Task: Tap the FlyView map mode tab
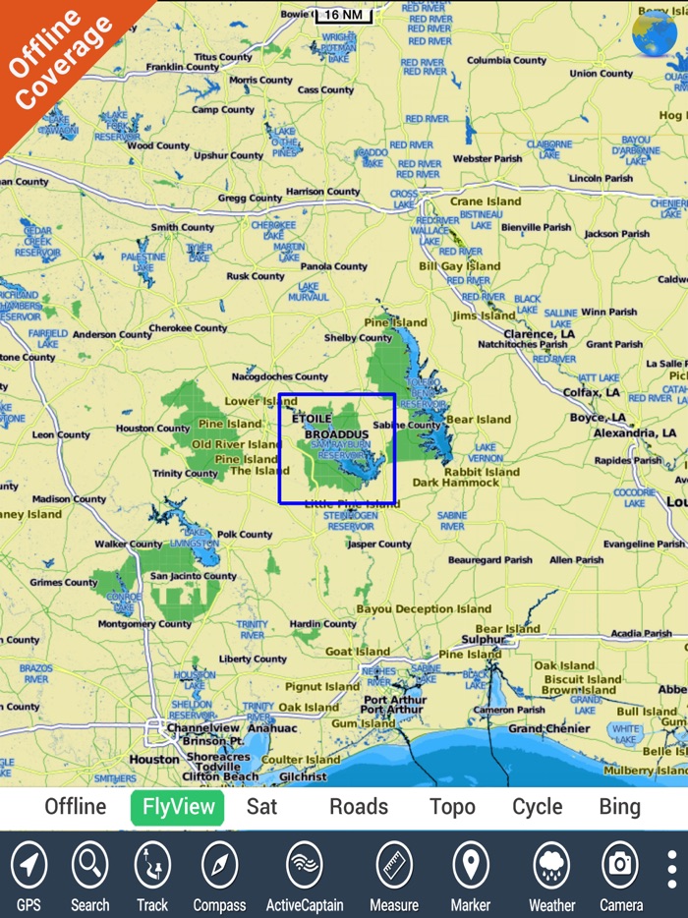coord(178,807)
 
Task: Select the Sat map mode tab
coord(261,807)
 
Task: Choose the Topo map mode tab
coord(452,807)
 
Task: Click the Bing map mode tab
coord(619,807)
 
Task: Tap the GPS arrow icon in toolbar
coord(29,866)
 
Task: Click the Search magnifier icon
coord(89,866)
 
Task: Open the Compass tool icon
coord(219,866)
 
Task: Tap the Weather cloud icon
coord(551,866)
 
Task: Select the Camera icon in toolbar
coord(620,866)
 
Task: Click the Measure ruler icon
coord(394,866)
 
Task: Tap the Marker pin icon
coord(470,866)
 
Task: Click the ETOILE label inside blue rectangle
coord(313,418)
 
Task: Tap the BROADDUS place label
coord(336,433)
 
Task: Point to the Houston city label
coord(155,759)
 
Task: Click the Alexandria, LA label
coord(635,432)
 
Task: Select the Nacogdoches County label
coord(279,376)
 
